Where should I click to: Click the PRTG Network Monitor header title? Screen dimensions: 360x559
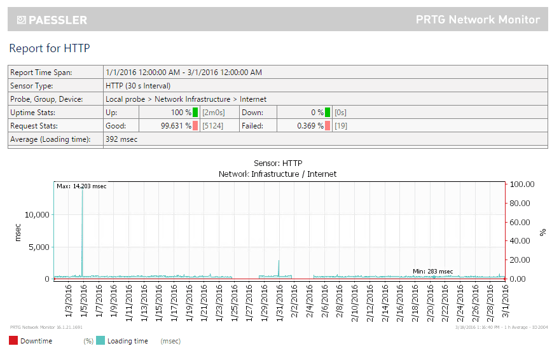click(x=478, y=20)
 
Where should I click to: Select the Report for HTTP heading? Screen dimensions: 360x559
click(x=50, y=48)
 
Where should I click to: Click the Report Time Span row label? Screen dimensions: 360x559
click(x=41, y=73)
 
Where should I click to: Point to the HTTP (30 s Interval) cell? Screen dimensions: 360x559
click(x=138, y=85)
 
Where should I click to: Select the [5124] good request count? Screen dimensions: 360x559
click(x=212, y=126)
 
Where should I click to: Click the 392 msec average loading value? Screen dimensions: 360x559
click(x=121, y=139)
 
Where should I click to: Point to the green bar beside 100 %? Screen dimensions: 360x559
click(x=196, y=113)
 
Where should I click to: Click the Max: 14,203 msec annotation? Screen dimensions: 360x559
click(x=81, y=186)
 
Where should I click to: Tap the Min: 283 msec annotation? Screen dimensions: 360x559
click(x=432, y=272)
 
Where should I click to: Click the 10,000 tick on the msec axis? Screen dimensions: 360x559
click(x=36, y=214)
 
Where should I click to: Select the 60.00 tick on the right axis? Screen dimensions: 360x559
click(x=522, y=222)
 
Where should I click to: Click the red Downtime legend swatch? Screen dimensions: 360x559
click(x=13, y=341)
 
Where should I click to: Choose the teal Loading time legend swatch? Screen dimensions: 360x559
click(x=100, y=341)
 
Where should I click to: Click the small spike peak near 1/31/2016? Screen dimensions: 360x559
click(x=279, y=261)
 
